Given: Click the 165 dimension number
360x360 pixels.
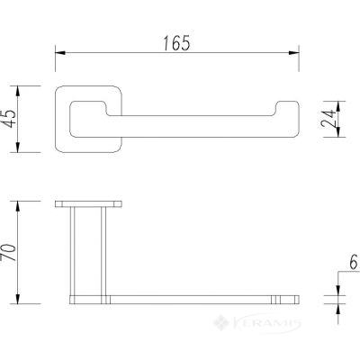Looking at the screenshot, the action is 176,43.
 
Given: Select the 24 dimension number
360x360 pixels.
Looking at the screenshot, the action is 328,119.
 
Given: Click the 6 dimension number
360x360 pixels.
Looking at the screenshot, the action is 354,262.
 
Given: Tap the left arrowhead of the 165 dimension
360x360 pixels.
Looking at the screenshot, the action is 60,53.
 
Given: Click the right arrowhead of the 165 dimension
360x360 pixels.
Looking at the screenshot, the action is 293,53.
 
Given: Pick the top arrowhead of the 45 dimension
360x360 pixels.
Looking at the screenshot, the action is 18,91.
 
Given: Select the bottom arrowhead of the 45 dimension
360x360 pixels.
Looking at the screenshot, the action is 18,147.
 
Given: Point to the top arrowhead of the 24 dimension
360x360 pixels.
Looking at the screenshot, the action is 337,106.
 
